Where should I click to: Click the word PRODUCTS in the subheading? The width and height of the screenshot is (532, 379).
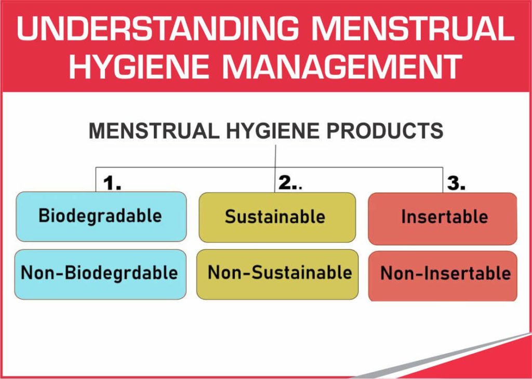[384, 131]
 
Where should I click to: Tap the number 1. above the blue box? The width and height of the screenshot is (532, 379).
[112, 183]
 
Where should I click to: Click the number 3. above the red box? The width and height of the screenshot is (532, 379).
[456, 183]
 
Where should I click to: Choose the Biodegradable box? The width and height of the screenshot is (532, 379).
[101, 216]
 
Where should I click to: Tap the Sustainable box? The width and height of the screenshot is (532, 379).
[277, 217]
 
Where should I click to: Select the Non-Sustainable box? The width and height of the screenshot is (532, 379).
[277, 274]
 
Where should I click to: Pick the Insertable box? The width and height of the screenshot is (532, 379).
[443, 218]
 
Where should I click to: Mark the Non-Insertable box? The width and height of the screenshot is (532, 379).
[443, 275]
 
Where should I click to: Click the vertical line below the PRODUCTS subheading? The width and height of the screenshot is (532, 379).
[275, 156]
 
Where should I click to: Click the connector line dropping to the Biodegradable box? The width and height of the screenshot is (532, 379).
[96, 180]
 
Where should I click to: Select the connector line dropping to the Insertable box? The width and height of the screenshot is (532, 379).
[443, 180]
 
